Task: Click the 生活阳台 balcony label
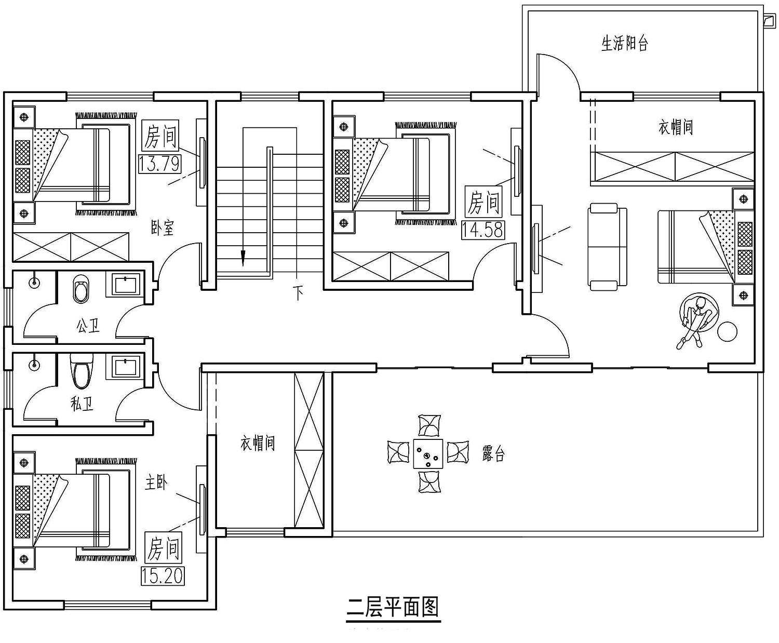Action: tap(624, 43)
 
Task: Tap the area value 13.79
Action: tap(159, 164)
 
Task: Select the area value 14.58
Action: tap(483, 230)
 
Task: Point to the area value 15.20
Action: tap(163, 576)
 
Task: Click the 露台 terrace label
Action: tap(493, 453)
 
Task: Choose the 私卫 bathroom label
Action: tap(82, 404)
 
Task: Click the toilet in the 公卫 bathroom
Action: tap(82, 289)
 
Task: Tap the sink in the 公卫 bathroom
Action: tap(125, 285)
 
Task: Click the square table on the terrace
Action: tap(428, 454)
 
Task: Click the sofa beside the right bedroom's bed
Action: tap(607, 247)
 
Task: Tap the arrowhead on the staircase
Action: tap(243, 258)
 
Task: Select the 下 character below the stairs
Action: tap(298, 292)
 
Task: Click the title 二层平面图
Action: tap(393, 607)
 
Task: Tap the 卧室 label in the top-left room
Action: tap(162, 227)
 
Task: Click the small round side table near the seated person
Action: tap(728, 331)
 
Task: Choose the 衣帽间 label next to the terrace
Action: tap(258, 443)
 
